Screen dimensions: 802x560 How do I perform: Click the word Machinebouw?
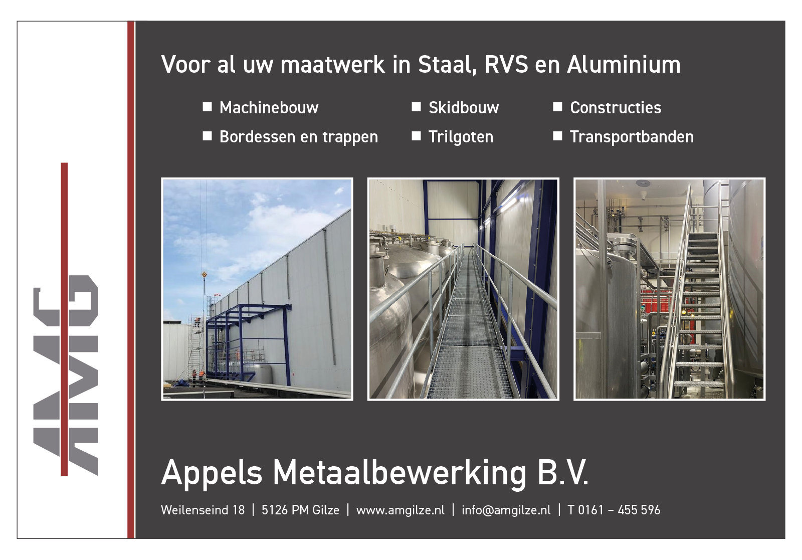(x=269, y=108)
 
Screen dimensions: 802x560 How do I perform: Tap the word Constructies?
(x=616, y=108)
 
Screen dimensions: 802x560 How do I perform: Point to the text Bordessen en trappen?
(x=299, y=137)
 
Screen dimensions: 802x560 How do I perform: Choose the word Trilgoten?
(x=461, y=137)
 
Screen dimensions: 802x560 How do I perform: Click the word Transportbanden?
(x=632, y=137)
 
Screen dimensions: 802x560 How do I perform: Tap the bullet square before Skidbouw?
(x=416, y=107)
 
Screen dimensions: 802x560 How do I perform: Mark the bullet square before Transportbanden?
(x=557, y=136)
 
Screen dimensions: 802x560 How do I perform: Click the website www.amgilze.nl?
(x=400, y=510)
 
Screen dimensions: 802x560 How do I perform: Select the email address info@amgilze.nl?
(x=506, y=510)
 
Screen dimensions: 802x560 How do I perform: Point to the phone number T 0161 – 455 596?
(x=614, y=510)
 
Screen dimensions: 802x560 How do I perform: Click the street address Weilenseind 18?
(x=203, y=510)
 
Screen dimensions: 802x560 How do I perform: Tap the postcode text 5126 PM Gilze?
(x=300, y=510)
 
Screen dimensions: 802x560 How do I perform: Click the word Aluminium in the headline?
(x=624, y=65)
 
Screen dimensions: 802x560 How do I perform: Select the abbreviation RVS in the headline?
(x=506, y=65)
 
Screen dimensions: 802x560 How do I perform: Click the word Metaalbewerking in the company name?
(x=399, y=473)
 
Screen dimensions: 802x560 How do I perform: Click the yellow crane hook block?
(x=204, y=275)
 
